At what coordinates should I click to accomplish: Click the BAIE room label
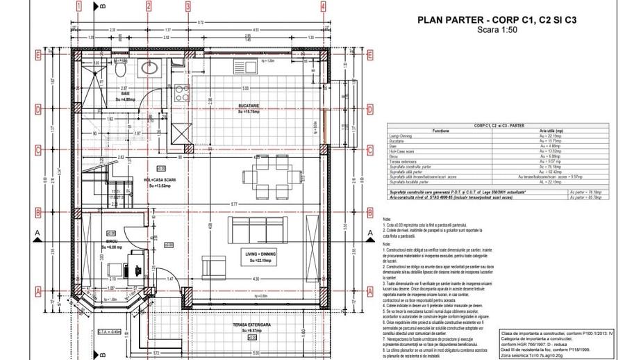click(126, 93)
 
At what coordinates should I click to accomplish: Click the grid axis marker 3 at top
click(187, 6)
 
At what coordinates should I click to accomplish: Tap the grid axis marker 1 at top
click(80, 6)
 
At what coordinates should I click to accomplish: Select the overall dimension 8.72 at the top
click(201, 24)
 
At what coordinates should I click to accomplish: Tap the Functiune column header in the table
click(441, 131)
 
